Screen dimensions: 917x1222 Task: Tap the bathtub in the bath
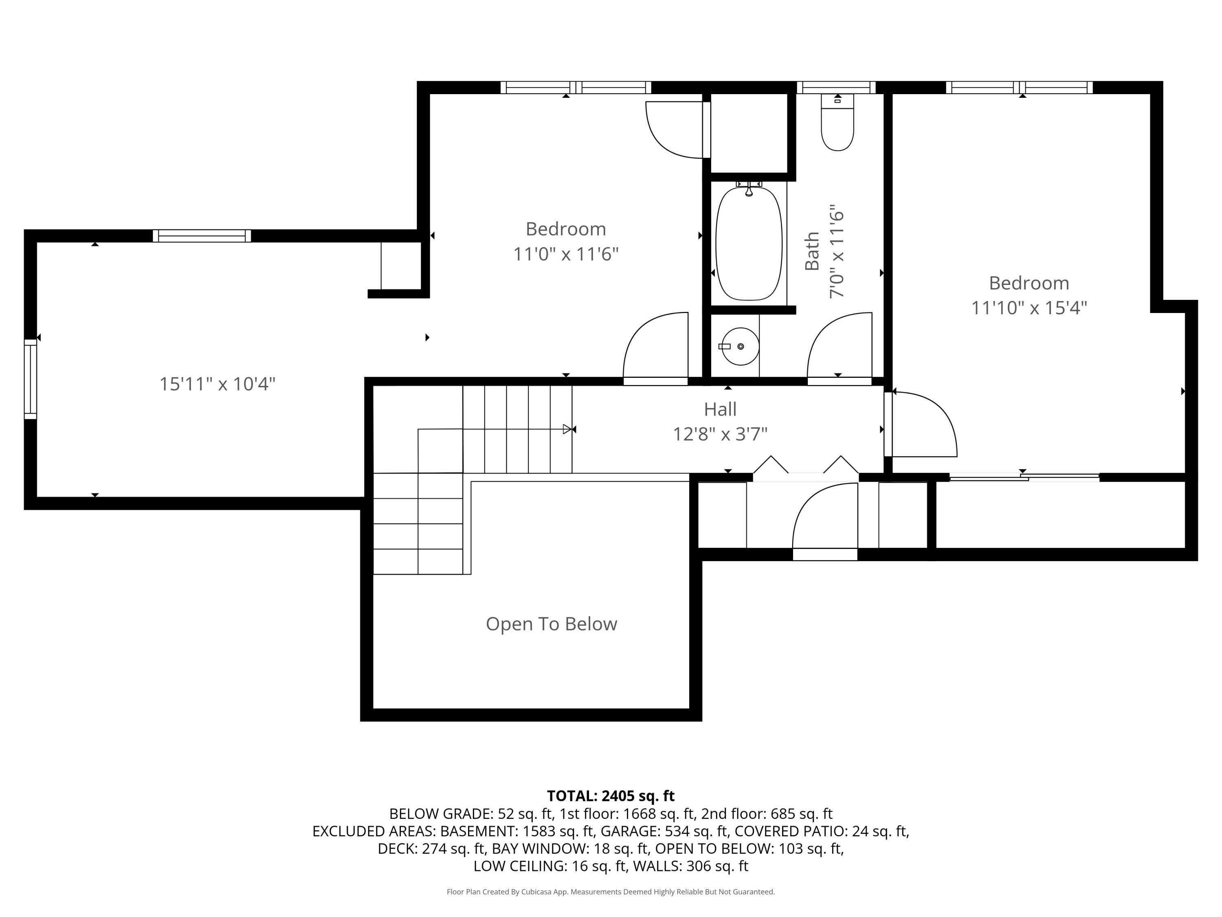point(749,243)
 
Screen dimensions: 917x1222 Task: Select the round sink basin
point(740,346)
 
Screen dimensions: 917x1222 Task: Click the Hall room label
point(720,410)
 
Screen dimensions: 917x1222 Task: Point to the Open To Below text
point(551,624)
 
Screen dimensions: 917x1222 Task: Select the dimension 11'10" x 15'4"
point(1029,308)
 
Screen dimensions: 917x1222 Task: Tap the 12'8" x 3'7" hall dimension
point(720,434)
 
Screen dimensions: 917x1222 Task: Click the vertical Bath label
point(811,251)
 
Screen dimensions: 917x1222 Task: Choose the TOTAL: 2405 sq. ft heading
point(611,796)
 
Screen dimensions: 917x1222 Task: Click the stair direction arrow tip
point(567,429)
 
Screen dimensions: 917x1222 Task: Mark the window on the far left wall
point(31,379)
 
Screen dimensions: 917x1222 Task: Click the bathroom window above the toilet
point(836,87)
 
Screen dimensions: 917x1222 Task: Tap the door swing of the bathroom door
point(834,343)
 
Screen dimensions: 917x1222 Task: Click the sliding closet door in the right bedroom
point(1024,477)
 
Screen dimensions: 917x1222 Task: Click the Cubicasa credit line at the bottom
point(611,892)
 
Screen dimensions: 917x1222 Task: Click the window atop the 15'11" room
point(202,236)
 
